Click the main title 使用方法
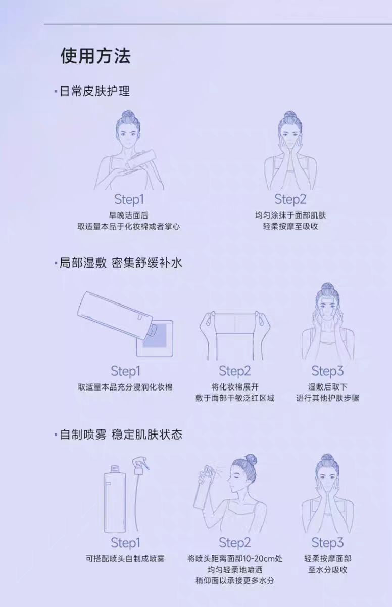[x=95, y=56]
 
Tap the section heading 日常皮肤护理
[x=94, y=91]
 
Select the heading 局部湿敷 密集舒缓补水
[x=121, y=263]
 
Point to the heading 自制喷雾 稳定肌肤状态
[x=121, y=434]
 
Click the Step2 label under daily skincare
[x=290, y=199]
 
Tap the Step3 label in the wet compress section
[x=327, y=371]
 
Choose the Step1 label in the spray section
[x=125, y=543]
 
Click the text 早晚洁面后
[x=128, y=215]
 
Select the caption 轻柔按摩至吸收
[x=290, y=226]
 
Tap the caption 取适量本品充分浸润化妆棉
[x=125, y=387]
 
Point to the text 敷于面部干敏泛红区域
[x=235, y=398]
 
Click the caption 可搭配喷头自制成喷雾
[x=125, y=559]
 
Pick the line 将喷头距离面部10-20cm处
[x=235, y=559]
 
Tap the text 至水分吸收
[x=327, y=570]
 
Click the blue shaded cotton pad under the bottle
[x=154, y=336]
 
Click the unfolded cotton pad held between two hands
[x=235, y=324]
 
